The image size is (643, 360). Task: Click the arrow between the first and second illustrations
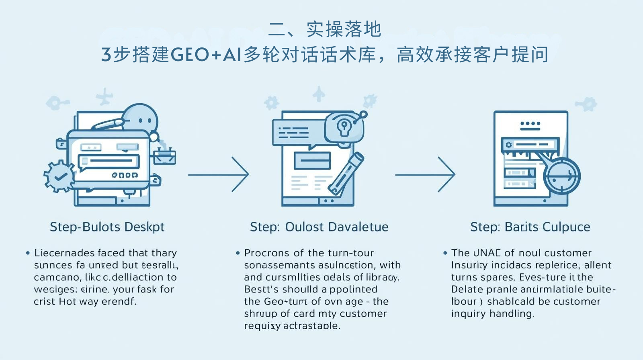point(219,175)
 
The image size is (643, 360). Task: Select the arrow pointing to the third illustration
point(426,175)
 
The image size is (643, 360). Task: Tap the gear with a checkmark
point(59,176)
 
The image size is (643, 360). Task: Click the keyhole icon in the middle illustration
point(344,127)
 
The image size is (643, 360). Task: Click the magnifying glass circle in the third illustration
point(561,176)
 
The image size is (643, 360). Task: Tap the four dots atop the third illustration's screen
point(530,124)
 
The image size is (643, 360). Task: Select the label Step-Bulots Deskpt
point(107,227)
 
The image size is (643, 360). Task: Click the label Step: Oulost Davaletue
point(319,227)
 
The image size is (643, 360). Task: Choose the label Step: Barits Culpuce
point(530,227)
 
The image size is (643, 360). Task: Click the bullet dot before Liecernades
point(28,253)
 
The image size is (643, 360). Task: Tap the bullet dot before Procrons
point(238,253)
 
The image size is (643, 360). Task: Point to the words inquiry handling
point(492,314)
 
